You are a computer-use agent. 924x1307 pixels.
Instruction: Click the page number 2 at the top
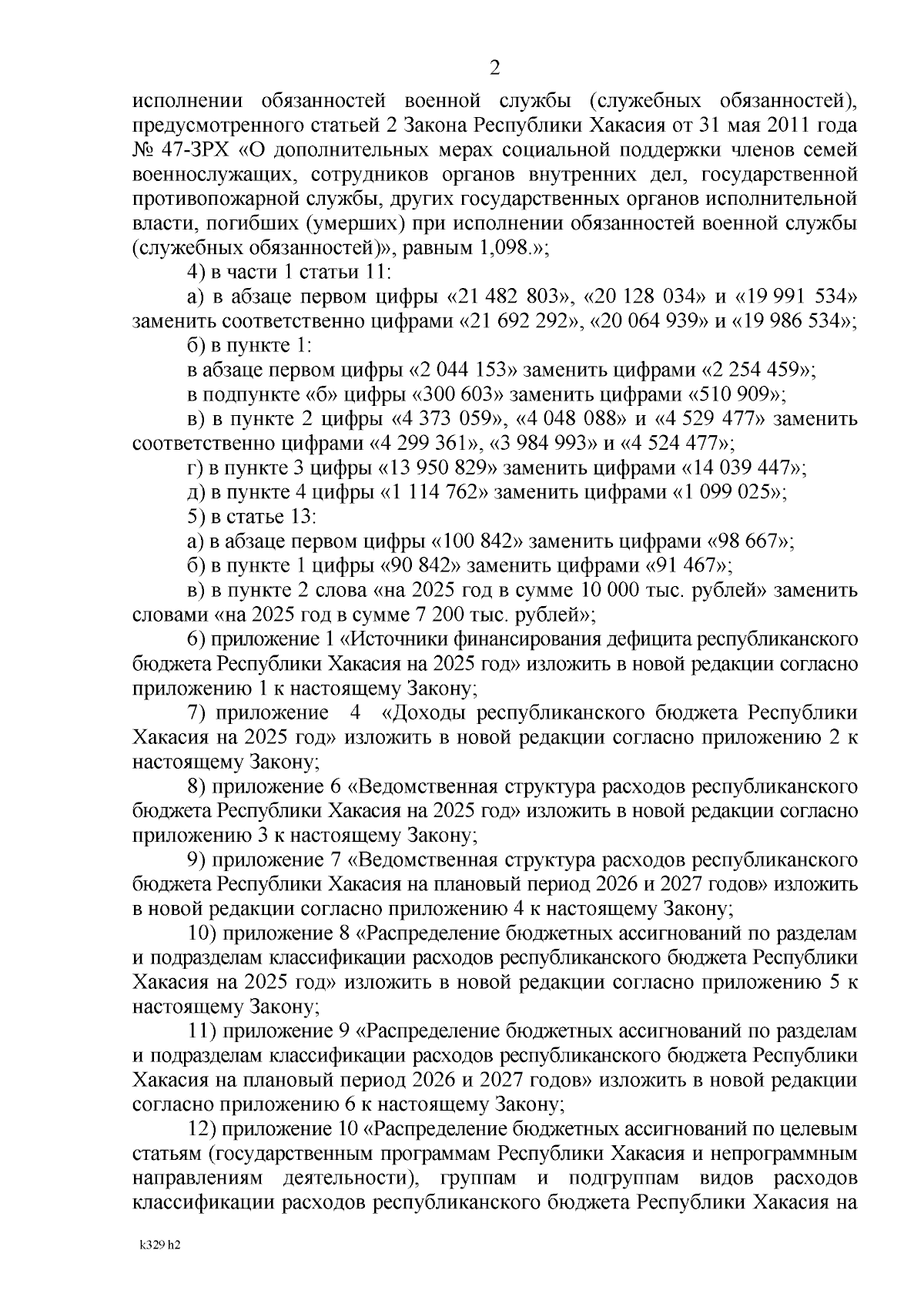coord(495,69)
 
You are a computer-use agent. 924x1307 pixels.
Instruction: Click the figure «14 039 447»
coord(743,468)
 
